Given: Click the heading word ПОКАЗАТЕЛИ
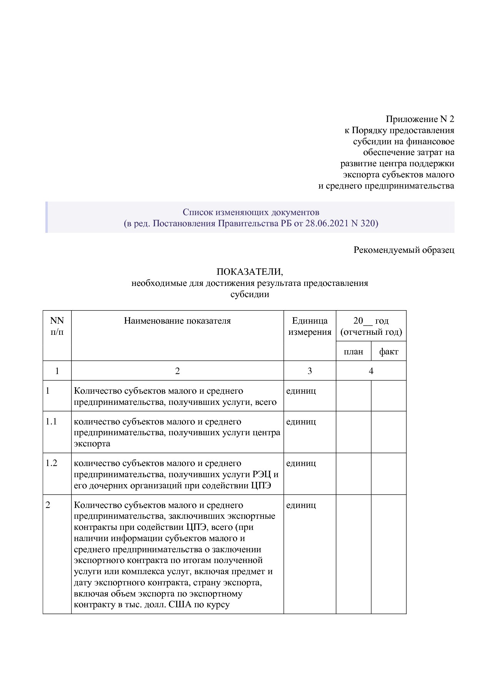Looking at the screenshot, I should pyautogui.click(x=250, y=272).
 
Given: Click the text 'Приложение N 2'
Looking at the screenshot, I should pyautogui.click(x=420, y=119).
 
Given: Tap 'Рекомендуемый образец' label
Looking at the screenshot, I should pyautogui.click(x=404, y=250).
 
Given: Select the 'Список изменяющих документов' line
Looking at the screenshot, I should pyautogui.click(x=250, y=212).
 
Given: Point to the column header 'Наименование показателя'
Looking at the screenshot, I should pyautogui.click(x=177, y=321).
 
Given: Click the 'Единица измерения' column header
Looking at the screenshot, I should pyautogui.click(x=310, y=326).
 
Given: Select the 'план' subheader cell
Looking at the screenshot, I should pyautogui.click(x=353, y=351).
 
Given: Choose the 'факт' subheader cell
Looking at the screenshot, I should pyautogui.click(x=389, y=351).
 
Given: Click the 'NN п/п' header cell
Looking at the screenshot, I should pyautogui.click(x=57, y=326).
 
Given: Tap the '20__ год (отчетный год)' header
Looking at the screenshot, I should pyautogui.click(x=371, y=326).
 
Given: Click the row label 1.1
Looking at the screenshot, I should pyautogui.click(x=51, y=421).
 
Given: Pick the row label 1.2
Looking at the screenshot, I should pyautogui.click(x=51, y=463).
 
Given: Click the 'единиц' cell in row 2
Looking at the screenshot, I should pyautogui.click(x=301, y=505).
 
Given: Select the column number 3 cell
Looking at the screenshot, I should pyautogui.click(x=310, y=371).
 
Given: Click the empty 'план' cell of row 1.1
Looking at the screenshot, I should pyautogui.click(x=353, y=432).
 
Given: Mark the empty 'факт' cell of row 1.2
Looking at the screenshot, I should pyautogui.click(x=389, y=474).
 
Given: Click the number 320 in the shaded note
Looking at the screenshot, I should pyautogui.click(x=368, y=223).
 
